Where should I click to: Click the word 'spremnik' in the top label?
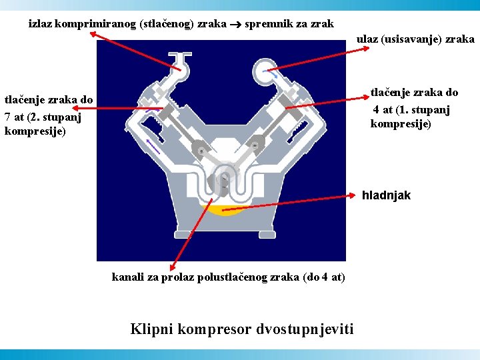[x=268, y=24]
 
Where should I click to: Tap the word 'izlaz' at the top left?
[x=41, y=24]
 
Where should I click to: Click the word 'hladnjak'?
[x=386, y=196]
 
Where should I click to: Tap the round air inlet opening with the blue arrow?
[x=268, y=72]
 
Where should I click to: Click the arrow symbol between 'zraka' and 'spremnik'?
[x=237, y=25]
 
